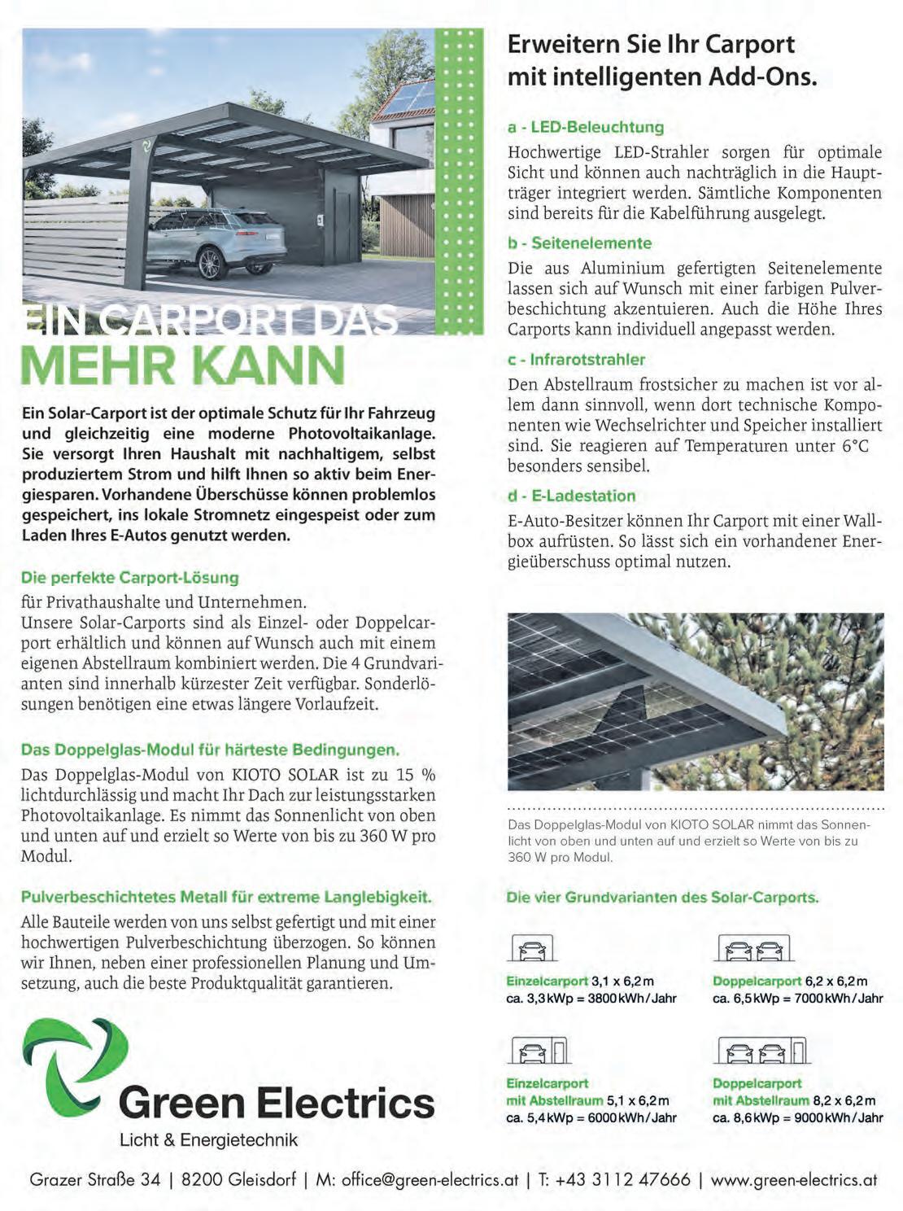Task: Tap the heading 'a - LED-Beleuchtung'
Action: point(586,127)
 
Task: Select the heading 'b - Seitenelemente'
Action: point(580,243)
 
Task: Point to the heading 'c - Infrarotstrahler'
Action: point(576,360)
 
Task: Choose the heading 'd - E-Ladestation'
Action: point(571,496)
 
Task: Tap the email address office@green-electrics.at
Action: point(430,1179)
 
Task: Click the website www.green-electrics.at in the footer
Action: point(794,1179)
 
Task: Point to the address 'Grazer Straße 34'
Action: point(95,1179)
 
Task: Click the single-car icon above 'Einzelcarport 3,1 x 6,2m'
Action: point(532,948)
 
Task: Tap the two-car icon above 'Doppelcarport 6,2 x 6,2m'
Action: point(754,948)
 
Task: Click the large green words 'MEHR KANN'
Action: point(183,365)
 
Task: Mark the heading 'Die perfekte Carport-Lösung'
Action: point(130,578)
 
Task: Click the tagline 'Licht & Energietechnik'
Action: point(208,1139)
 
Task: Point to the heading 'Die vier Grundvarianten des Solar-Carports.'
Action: point(662,898)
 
